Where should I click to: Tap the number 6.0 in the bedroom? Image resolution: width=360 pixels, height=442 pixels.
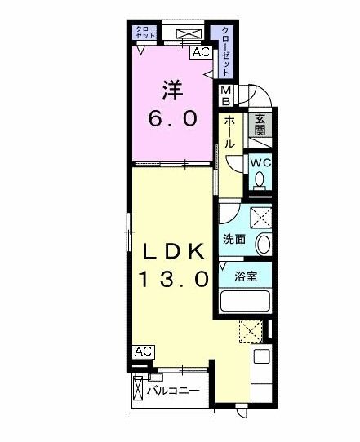pos(172,117)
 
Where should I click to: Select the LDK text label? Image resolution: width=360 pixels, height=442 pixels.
pos(173,251)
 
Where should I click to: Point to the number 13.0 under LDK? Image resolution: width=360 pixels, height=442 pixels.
pos(173,280)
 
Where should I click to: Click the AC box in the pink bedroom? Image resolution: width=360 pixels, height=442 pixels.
pos(200,53)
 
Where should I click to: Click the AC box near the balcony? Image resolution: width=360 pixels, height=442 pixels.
pos(143,351)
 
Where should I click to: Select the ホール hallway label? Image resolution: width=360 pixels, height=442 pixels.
pos(230,130)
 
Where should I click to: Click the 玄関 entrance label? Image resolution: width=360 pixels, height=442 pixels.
pos(260,123)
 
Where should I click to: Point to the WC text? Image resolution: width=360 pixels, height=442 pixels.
pos(260,161)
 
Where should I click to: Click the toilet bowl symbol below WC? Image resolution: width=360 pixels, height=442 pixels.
pos(260,183)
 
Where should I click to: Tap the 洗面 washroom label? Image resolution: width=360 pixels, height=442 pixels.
pos(234,239)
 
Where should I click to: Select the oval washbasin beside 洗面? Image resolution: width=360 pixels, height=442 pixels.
pos(263,243)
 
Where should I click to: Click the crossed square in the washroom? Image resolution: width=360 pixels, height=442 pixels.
pos(261,216)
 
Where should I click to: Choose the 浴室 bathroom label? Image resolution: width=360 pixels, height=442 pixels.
pos(247,276)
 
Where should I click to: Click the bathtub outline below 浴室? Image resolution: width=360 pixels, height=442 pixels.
pos(246,302)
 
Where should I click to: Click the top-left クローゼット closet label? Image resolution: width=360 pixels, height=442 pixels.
pos(145,32)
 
